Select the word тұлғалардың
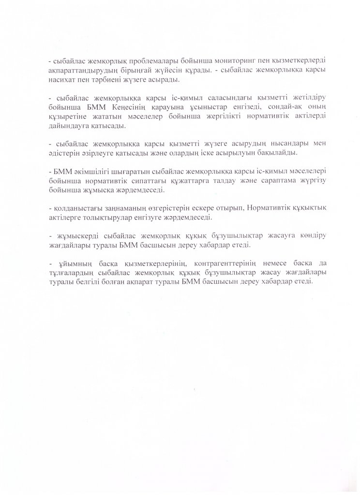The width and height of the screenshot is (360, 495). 73,274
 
